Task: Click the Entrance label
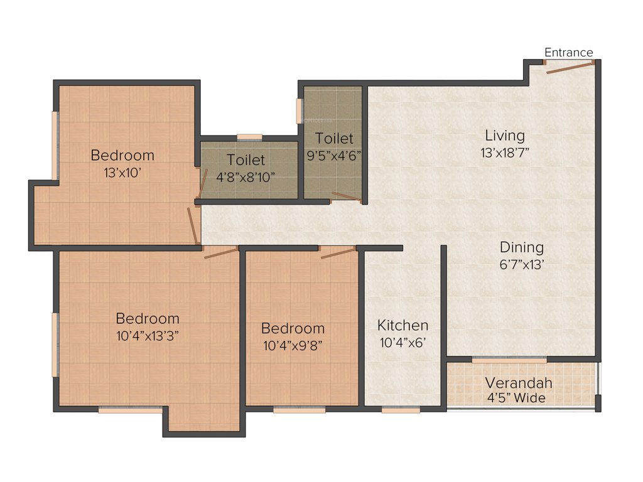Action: [568, 53]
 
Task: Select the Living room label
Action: [505, 136]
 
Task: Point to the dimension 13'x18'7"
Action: [505, 153]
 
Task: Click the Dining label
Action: [522, 247]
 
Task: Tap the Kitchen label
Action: [403, 325]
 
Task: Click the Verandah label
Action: [519, 383]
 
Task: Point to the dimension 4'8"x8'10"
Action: [246, 177]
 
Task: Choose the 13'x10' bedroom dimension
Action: [122, 172]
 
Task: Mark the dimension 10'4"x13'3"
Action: [148, 336]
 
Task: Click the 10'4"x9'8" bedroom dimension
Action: [293, 345]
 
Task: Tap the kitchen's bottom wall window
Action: [401, 410]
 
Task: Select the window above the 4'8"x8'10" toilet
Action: [249, 137]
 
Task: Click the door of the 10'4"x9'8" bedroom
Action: [338, 253]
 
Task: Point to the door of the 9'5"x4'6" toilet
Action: [346, 198]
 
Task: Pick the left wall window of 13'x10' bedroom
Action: [55, 145]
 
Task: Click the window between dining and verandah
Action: [509, 360]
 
